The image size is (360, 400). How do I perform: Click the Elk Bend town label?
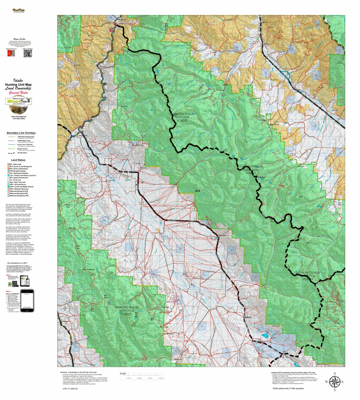(x=121, y=19)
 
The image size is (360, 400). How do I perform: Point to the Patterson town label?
(x=222, y=235)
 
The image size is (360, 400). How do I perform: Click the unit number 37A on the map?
(x=198, y=191)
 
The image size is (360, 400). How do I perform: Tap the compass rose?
(x=334, y=382)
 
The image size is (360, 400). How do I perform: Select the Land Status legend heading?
(x=18, y=160)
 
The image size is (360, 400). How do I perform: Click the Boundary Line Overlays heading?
(x=21, y=133)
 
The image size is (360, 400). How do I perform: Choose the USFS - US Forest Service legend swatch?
(x=8, y=184)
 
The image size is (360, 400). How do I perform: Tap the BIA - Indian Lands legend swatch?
(x=8, y=164)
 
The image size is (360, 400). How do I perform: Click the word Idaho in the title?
(x=18, y=81)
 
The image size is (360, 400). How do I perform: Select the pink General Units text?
(x=18, y=93)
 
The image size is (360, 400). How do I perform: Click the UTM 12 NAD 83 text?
(x=70, y=389)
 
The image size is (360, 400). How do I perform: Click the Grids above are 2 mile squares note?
(x=288, y=388)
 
